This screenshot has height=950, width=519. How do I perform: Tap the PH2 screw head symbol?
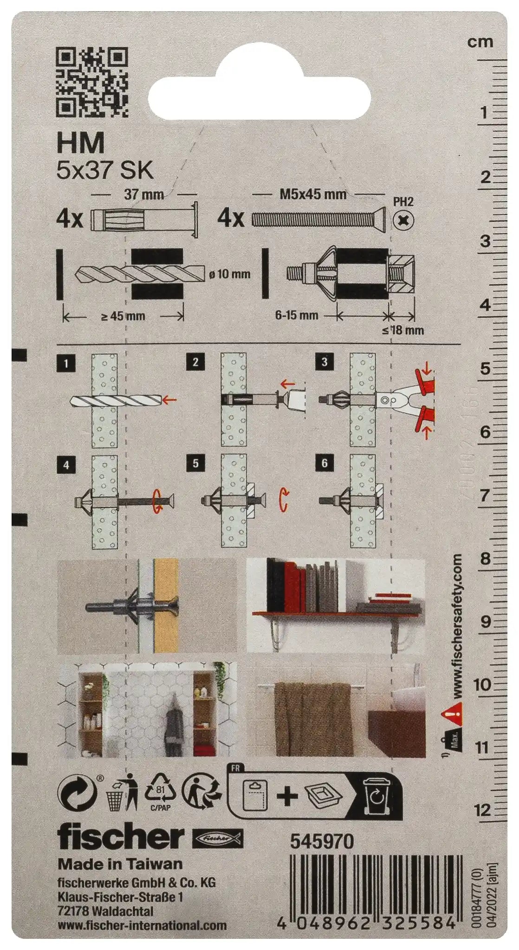tap(403, 220)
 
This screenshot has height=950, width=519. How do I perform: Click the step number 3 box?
tap(324, 362)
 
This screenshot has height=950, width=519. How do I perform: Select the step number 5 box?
tap(195, 463)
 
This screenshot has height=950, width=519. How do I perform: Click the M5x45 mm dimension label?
tap(313, 194)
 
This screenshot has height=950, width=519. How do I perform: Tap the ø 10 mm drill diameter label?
tap(229, 274)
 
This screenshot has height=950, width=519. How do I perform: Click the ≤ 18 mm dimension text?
tap(403, 330)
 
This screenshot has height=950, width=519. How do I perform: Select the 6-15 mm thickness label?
tap(296, 315)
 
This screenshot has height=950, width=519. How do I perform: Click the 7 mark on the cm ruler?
tap(485, 495)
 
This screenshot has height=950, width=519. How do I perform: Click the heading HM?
tap(81, 143)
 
